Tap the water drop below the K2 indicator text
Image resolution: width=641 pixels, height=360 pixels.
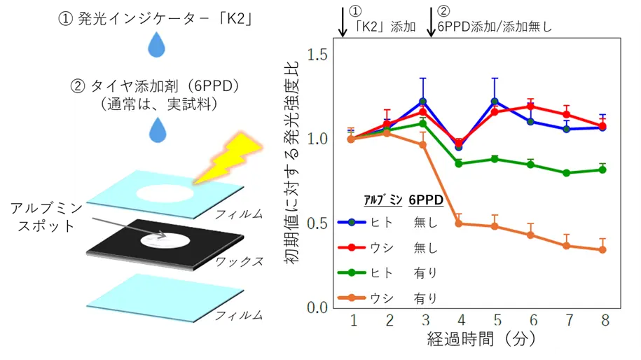pyautogui.click(x=156, y=45)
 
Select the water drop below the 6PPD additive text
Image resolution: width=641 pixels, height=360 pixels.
pyautogui.click(x=158, y=130)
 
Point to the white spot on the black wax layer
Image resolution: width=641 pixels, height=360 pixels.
pyautogui.click(x=165, y=241)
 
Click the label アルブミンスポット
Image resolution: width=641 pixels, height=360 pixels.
pyautogui.click(x=46, y=217)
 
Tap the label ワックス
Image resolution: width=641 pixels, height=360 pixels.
pyautogui.click(x=239, y=261)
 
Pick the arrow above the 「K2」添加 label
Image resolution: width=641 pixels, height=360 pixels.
pyautogui.click(x=343, y=21)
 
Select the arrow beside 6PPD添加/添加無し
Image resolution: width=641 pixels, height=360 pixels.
pyautogui.click(x=430, y=21)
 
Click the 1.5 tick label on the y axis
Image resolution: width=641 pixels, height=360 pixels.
pyautogui.click(x=317, y=55)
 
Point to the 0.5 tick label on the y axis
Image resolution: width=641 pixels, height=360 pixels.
pyautogui.click(x=317, y=223)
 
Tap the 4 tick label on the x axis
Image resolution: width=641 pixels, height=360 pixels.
pyautogui.click(x=462, y=320)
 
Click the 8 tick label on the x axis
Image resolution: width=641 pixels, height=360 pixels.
pyautogui.click(x=605, y=320)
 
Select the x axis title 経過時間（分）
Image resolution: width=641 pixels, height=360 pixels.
pyautogui.click(x=482, y=339)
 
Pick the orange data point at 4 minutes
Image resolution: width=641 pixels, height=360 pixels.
pyautogui.click(x=459, y=223)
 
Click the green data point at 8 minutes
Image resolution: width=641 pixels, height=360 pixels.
pyautogui.click(x=602, y=169)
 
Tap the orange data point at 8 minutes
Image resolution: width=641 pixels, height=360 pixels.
pyautogui.click(x=602, y=249)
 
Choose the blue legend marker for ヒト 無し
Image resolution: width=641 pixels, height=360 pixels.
pyautogui.click(x=352, y=222)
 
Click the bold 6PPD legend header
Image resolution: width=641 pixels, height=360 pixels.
pyautogui.click(x=426, y=200)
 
